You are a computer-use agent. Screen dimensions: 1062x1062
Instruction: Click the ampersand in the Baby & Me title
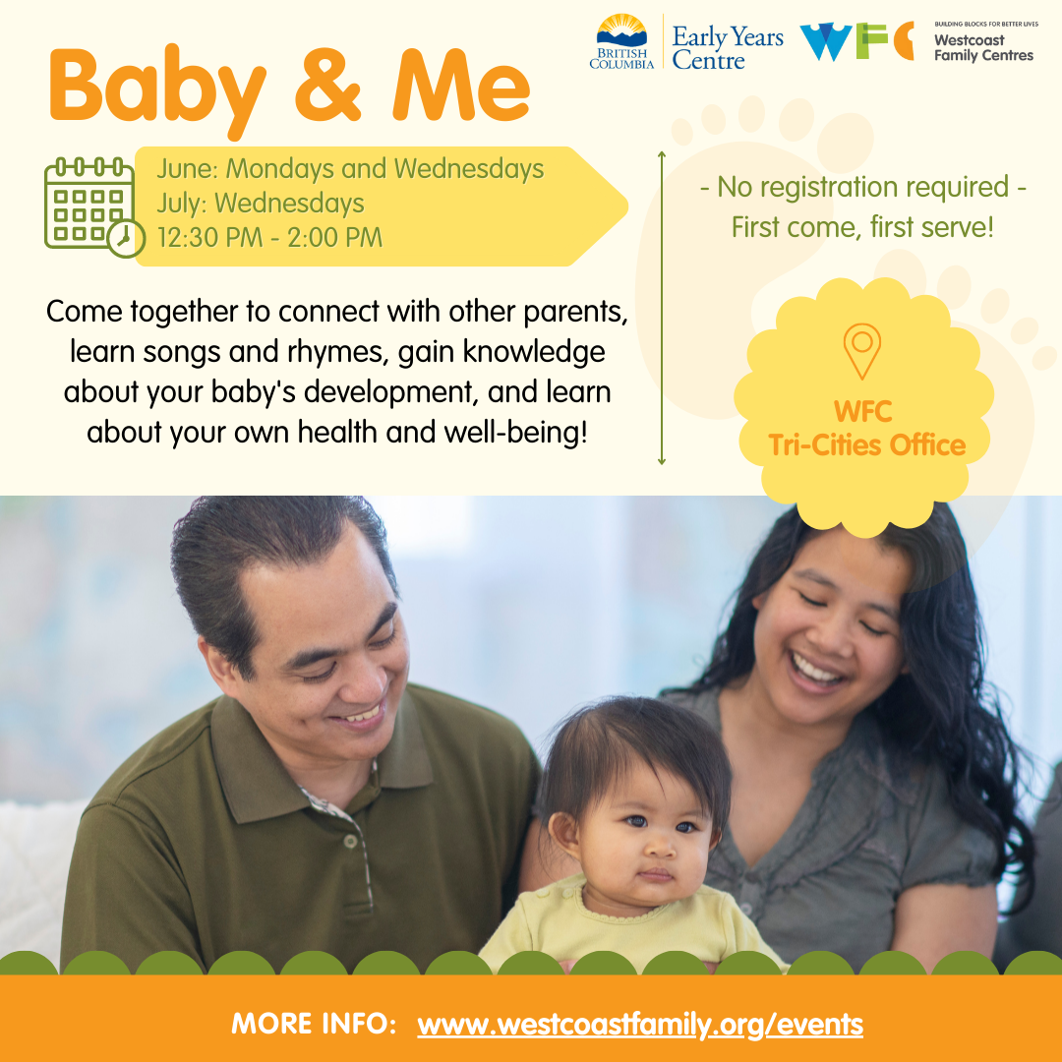point(328,84)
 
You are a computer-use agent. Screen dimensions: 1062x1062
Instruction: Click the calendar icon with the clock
point(94,207)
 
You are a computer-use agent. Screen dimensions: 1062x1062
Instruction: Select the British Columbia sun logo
point(621,41)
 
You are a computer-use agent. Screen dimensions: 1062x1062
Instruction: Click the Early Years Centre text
point(728,47)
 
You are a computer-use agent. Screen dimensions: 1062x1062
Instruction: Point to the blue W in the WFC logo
point(826,41)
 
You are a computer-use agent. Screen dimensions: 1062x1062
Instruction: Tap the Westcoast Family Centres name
point(983,47)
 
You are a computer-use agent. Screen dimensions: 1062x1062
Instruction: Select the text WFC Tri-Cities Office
point(866,428)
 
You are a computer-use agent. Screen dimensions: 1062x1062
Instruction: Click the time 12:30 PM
point(210,238)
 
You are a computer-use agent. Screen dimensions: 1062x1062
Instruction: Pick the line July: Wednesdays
point(261,204)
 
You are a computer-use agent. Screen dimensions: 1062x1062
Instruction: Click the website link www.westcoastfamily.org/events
point(640,1024)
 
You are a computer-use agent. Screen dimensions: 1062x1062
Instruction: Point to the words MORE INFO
point(314,1024)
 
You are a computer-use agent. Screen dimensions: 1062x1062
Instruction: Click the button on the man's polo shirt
point(350,841)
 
